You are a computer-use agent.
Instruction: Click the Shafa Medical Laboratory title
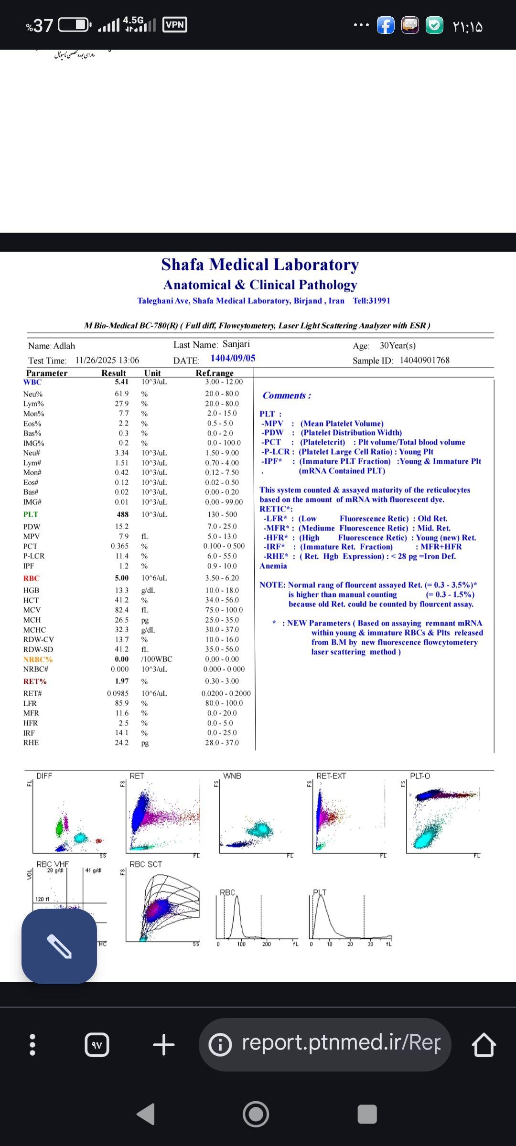(x=260, y=265)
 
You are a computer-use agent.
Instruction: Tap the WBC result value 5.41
(x=121, y=382)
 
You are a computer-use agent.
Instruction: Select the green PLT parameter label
(x=31, y=514)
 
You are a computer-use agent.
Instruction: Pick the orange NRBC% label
(x=38, y=659)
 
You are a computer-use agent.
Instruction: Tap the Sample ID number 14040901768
(x=425, y=361)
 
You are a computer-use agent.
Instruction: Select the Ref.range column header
(x=215, y=373)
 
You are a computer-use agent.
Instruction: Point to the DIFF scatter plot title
(x=44, y=776)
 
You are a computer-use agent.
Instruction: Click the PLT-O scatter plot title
(x=420, y=776)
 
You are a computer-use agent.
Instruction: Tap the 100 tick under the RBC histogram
(x=241, y=944)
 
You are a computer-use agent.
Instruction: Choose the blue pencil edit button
(x=59, y=946)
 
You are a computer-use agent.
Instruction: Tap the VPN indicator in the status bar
(x=174, y=25)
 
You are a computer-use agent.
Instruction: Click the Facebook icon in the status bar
(x=386, y=25)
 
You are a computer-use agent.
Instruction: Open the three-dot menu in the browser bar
(x=32, y=1045)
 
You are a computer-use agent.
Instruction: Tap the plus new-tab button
(x=164, y=1045)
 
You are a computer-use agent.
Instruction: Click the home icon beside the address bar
(x=484, y=1045)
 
